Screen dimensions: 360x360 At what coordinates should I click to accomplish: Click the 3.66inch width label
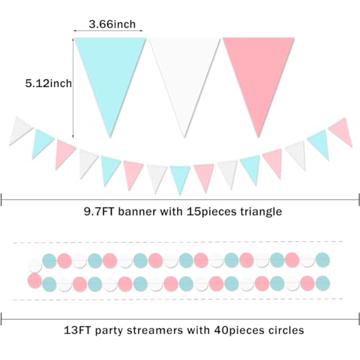[112, 24]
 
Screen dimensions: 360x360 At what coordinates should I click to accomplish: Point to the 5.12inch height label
[48, 84]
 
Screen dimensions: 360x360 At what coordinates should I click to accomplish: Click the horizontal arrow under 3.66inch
[108, 30]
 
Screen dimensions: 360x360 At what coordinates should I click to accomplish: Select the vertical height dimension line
[73, 88]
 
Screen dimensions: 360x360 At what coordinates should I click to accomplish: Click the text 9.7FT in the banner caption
[99, 212]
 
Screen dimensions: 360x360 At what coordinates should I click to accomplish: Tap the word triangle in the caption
[261, 212]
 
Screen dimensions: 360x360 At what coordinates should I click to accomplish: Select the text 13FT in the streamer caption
[77, 330]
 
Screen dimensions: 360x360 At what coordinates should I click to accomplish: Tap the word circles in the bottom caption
[286, 330]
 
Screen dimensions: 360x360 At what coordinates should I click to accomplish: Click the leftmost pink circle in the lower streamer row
[35, 281]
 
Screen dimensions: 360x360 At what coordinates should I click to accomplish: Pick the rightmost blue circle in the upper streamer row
[323, 260]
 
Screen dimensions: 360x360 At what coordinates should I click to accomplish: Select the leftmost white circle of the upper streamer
[35, 266]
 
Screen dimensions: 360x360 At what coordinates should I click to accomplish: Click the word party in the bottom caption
[109, 330]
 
